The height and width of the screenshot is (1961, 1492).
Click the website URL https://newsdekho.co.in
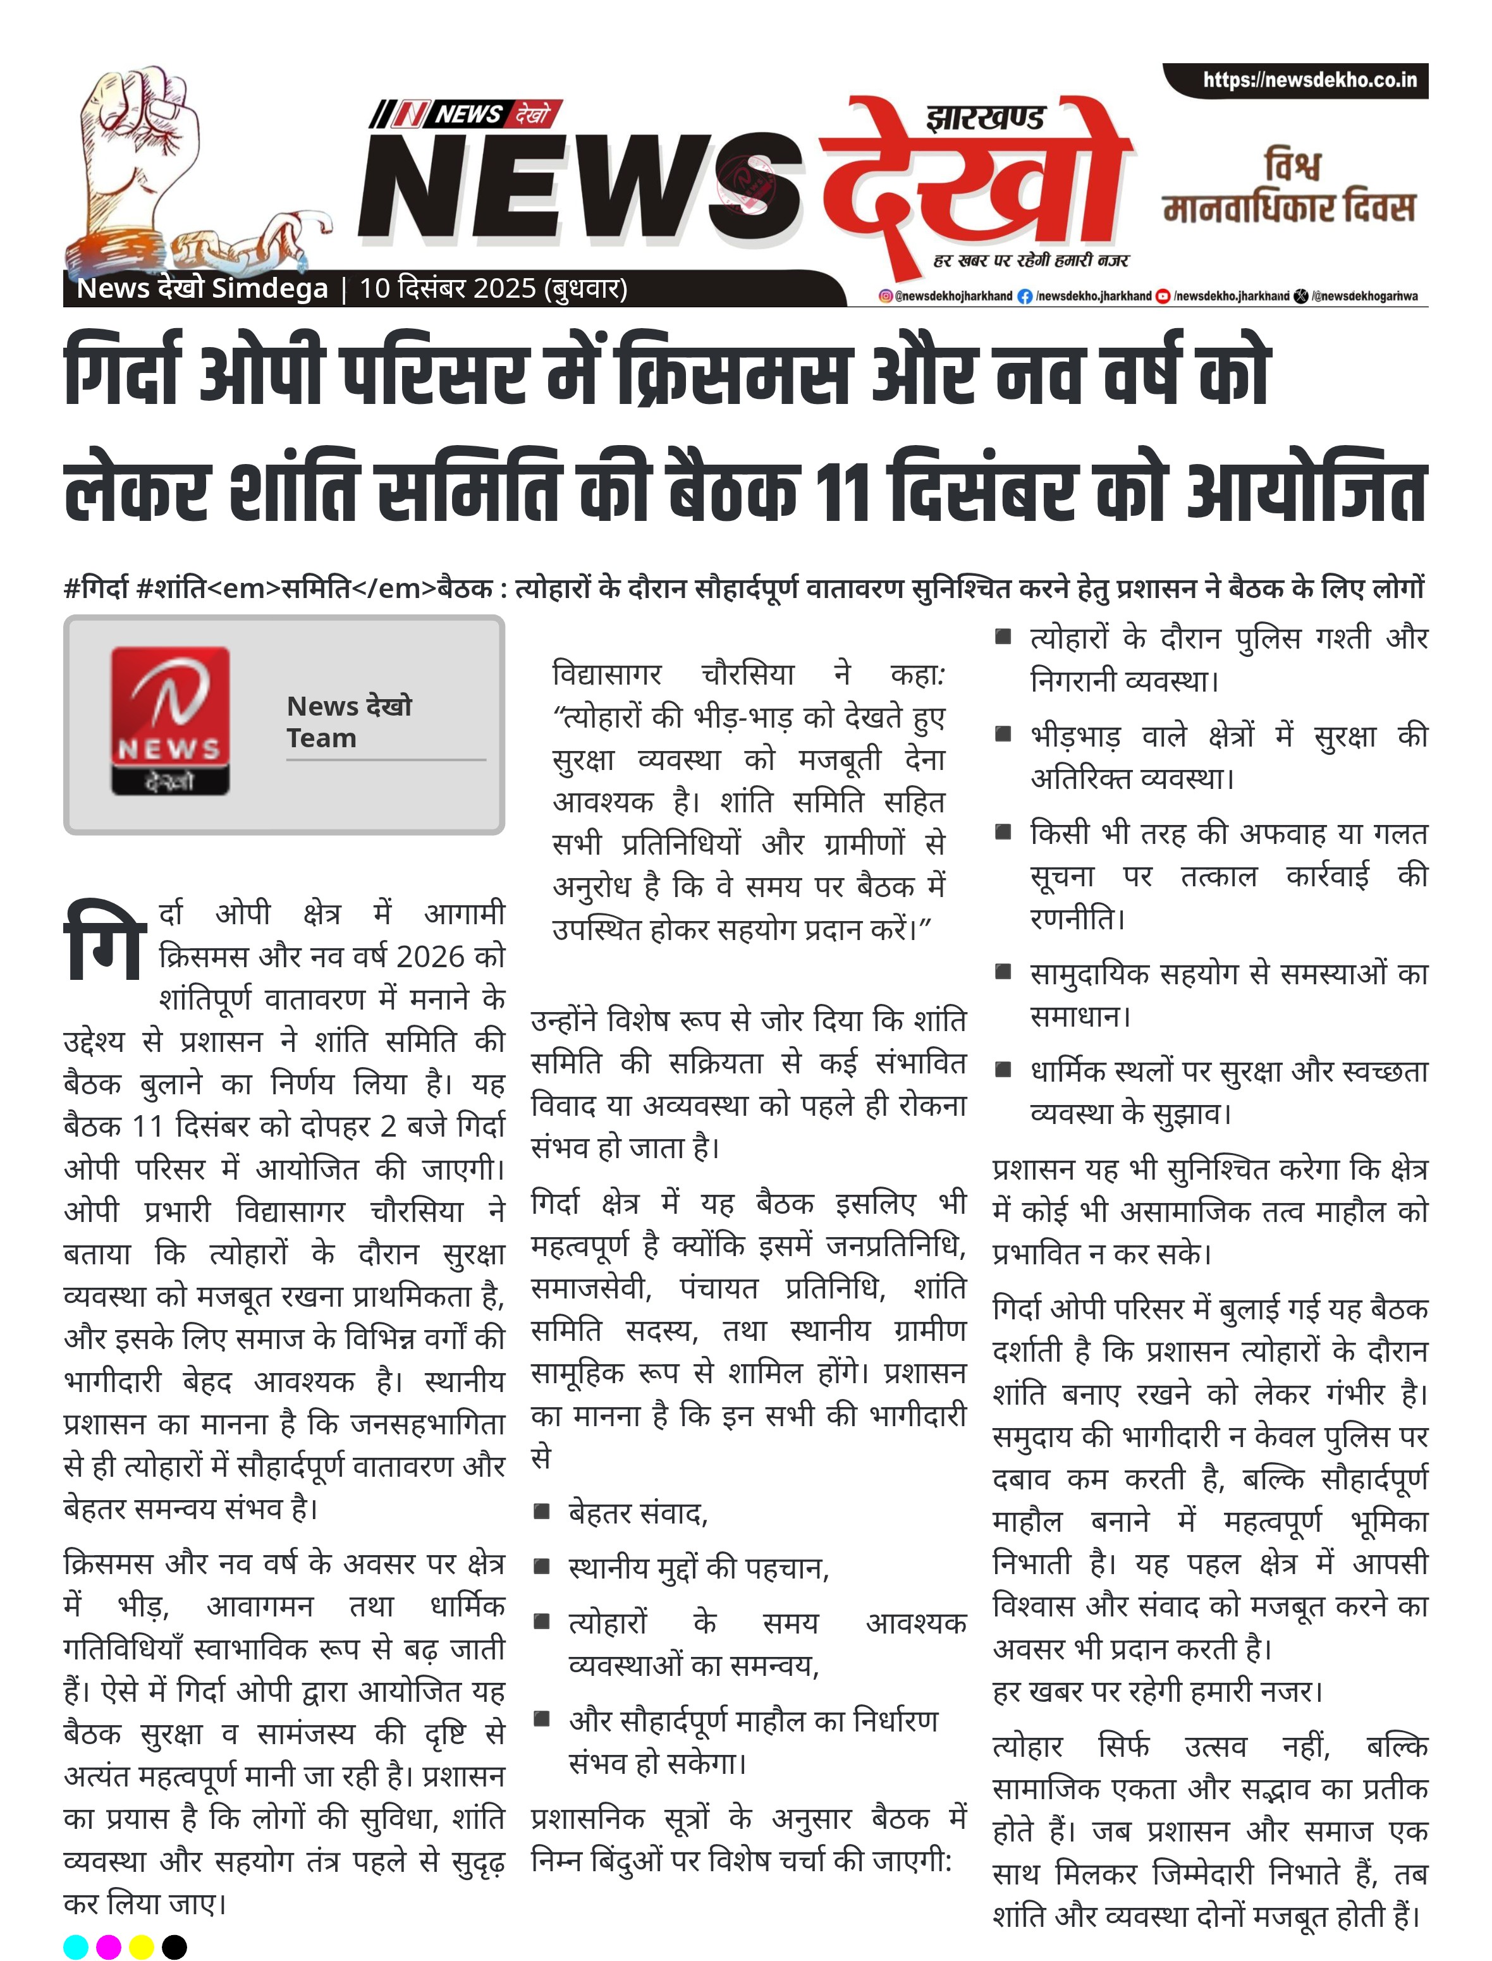point(1309,80)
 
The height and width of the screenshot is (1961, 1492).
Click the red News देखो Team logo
point(169,720)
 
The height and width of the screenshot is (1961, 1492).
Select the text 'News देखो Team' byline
point(349,721)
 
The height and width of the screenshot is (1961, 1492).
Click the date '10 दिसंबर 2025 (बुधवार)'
point(493,289)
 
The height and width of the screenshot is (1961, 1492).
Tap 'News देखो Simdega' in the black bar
point(202,289)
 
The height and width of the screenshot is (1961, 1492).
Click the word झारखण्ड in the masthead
point(985,118)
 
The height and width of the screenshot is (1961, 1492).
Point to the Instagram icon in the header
point(886,296)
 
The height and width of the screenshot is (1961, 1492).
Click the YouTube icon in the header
point(1163,296)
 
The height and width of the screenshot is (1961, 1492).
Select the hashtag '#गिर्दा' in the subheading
point(96,588)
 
